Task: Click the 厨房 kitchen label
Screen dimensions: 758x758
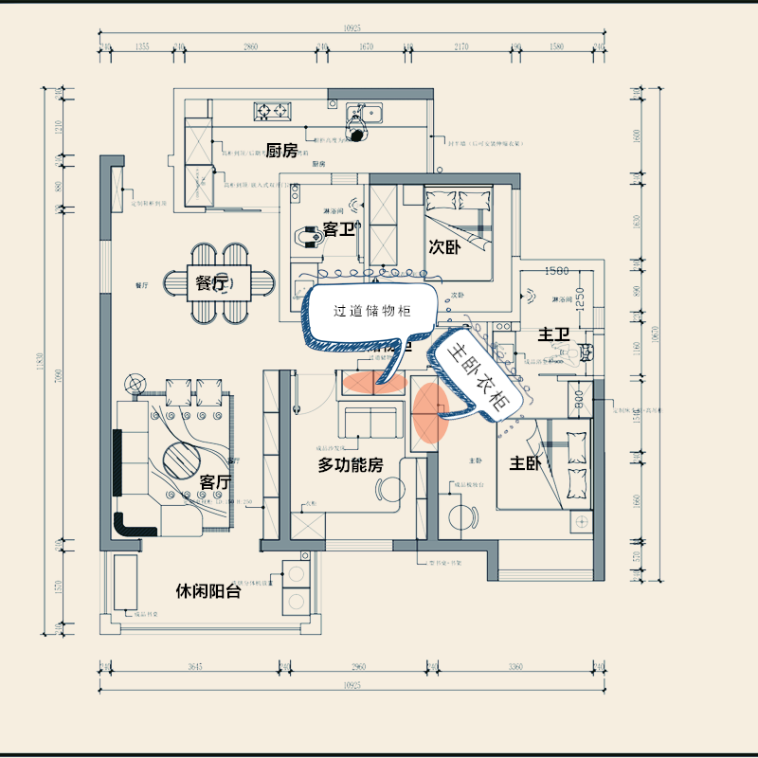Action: [281, 150]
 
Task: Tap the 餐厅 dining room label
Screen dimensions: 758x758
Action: [212, 282]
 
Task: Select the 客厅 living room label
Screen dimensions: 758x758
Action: [215, 482]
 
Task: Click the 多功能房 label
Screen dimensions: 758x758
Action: [350, 465]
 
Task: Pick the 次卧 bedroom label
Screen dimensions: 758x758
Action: [443, 248]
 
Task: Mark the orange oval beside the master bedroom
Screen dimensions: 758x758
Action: [430, 413]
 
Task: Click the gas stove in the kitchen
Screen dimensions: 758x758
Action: [273, 111]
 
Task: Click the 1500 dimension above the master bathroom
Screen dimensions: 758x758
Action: [557, 271]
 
